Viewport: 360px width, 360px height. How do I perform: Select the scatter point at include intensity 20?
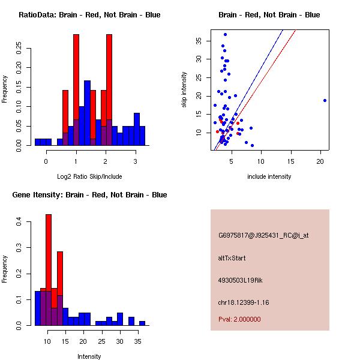pyautogui.click(x=325, y=100)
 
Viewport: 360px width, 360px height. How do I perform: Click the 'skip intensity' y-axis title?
pyautogui.click(x=184, y=90)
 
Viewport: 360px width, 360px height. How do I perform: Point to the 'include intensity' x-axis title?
pyautogui.click(x=269, y=176)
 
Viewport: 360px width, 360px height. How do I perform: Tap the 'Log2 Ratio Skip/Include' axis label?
pyautogui.click(x=89, y=176)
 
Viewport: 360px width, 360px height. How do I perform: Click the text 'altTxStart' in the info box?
pyautogui.click(x=232, y=258)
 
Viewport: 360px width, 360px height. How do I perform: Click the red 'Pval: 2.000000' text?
pyautogui.click(x=239, y=319)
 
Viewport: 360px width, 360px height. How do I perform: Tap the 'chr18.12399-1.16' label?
pyautogui.click(x=244, y=302)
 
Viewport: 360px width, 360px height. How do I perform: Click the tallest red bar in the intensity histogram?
pyautogui.click(x=49, y=270)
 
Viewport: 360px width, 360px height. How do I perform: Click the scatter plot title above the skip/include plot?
pyautogui.click(x=269, y=15)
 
